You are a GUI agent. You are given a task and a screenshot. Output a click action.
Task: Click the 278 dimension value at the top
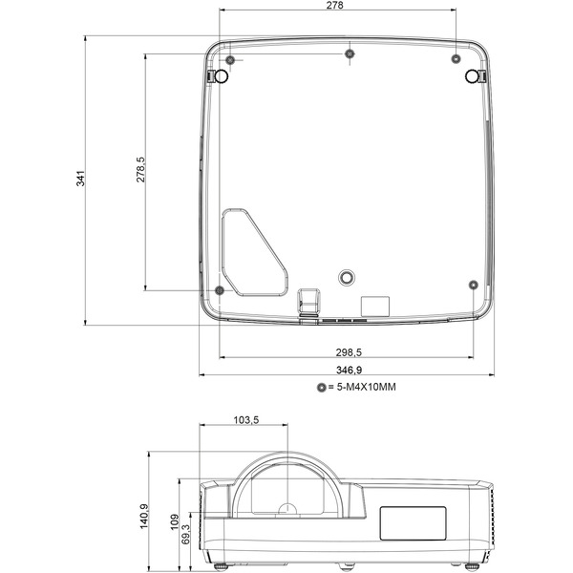(335, 5)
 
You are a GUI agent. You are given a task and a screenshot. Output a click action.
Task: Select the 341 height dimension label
(80, 179)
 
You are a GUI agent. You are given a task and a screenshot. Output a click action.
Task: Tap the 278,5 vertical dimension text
(140, 170)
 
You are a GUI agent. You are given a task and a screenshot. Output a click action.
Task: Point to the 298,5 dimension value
(349, 352)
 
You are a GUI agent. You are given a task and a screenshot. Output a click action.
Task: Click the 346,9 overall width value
(349, 370)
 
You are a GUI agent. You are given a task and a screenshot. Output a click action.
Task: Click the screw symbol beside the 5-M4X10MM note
(322, 388)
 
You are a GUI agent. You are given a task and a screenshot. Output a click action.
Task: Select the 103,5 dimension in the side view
(246, 420)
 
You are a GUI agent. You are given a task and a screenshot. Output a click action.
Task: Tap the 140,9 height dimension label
(144, 516)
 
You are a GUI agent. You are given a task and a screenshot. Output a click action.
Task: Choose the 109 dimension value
(175, 521)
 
